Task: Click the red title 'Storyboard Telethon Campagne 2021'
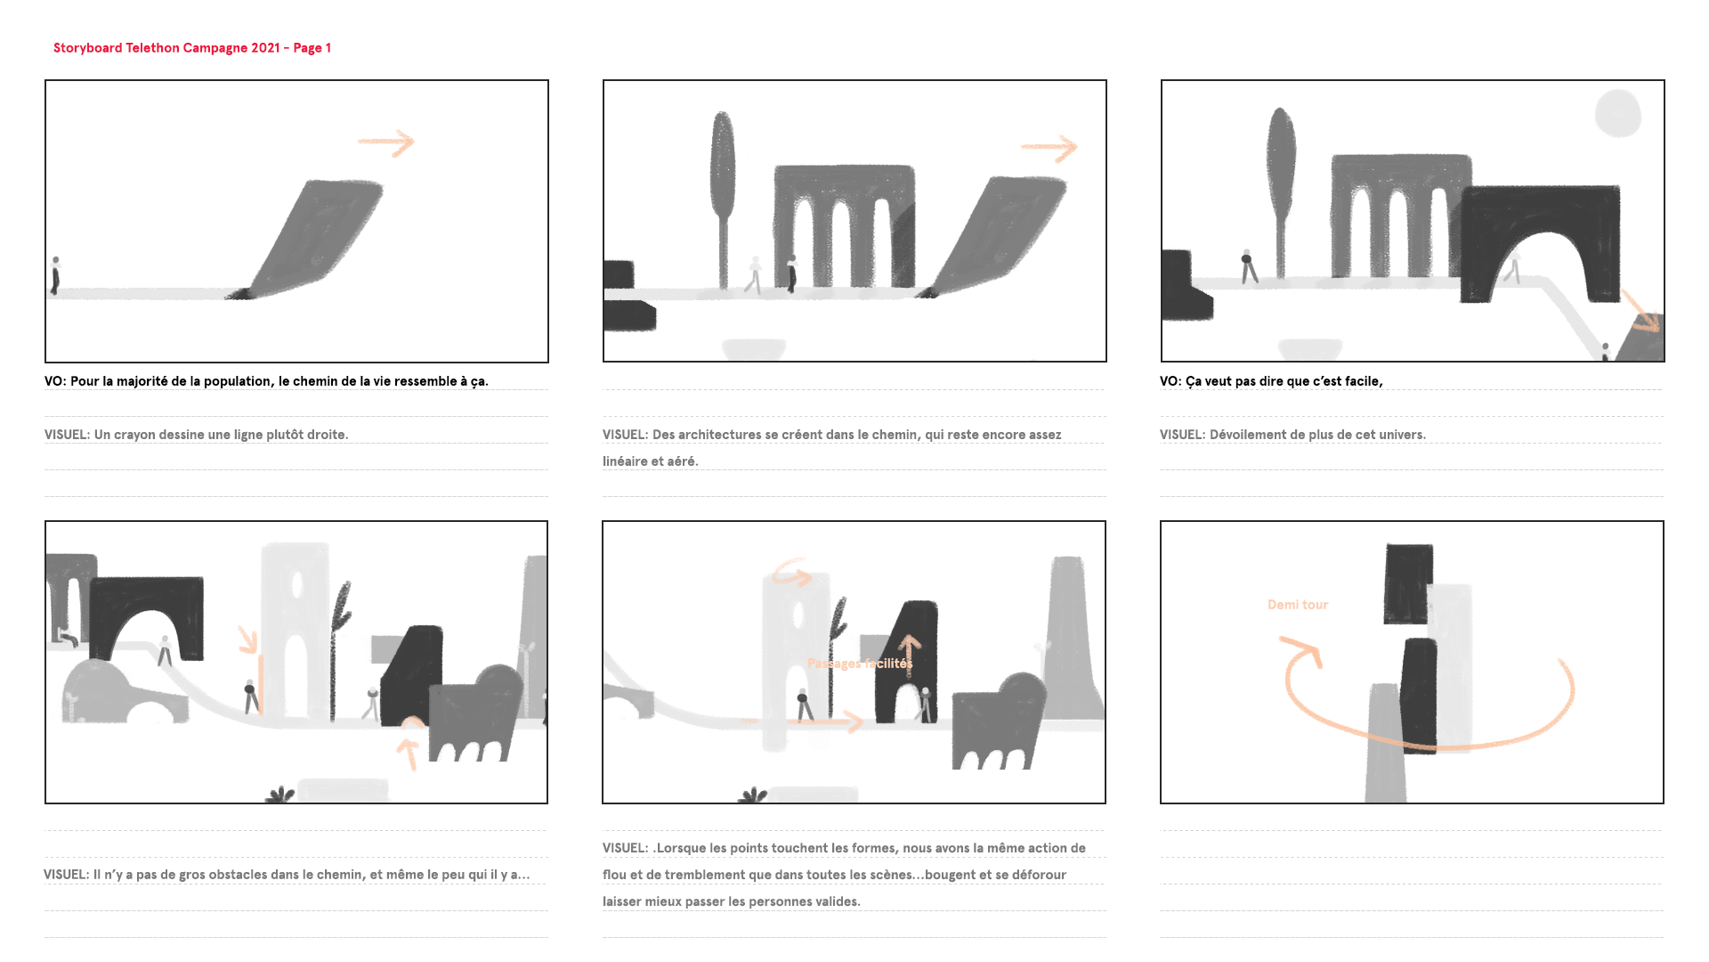166,48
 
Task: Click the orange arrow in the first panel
386,143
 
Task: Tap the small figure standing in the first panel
56,275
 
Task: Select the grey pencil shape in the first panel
307,239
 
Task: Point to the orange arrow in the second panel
1049,148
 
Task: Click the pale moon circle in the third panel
1618,113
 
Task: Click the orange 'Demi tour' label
1298,605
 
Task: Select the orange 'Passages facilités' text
860,664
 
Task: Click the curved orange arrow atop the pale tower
791,573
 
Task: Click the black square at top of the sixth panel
1408,584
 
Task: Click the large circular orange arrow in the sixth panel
1424,746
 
